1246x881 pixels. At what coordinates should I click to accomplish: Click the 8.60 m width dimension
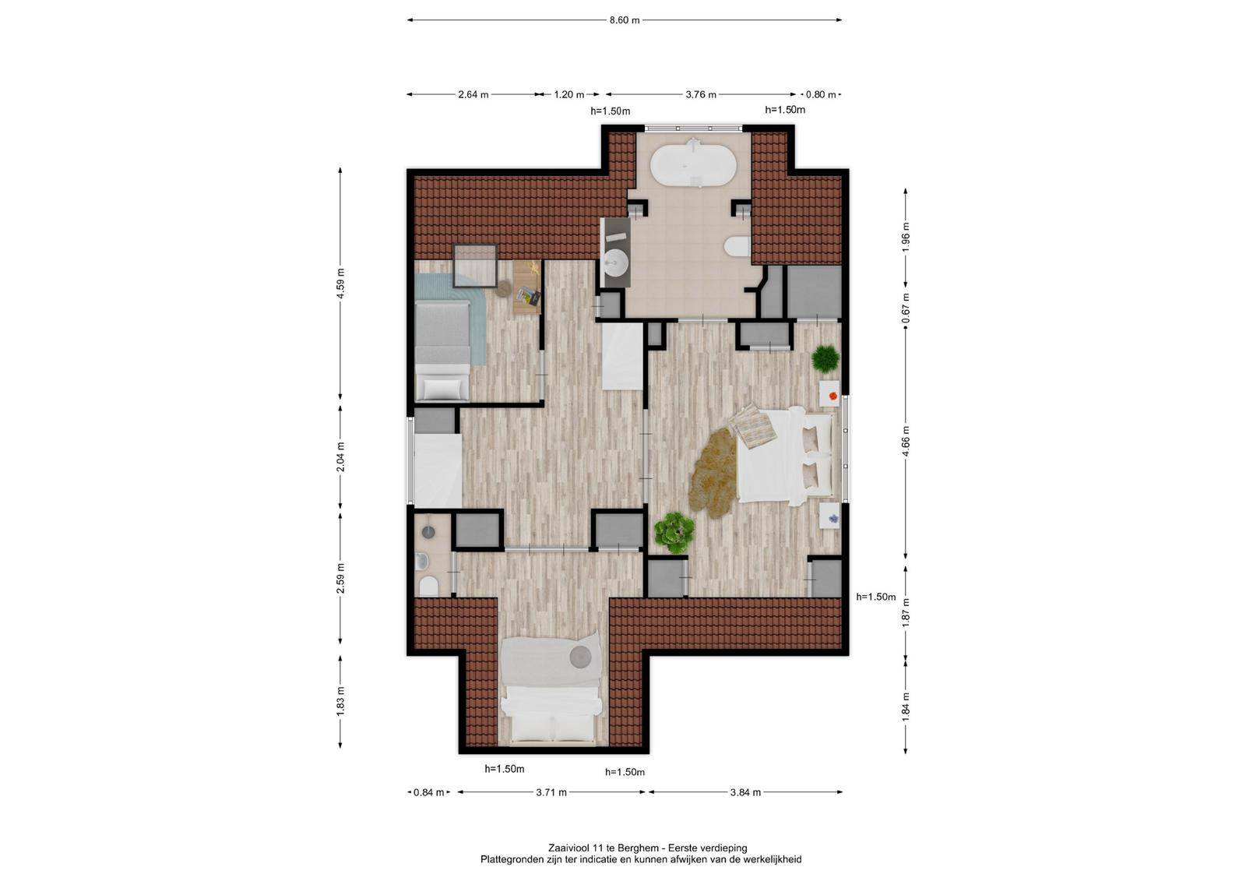click(x=625, y=20)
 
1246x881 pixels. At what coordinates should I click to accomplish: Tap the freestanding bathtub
click(x=693, y=163)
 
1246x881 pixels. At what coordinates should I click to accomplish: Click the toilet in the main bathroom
click(x=738, y=247)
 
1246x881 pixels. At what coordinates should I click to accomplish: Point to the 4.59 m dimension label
click(x=340, y=284)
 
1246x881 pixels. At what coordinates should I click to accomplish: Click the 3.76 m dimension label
click(x=700, y=94)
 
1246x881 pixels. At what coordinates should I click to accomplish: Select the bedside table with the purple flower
click(x=829, y=516)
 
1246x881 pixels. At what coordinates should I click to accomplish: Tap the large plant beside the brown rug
click(x=674, y=533)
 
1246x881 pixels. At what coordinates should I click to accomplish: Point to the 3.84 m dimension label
click(x=745, y=792)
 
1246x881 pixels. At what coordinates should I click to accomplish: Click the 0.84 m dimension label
click(x=428, y=792)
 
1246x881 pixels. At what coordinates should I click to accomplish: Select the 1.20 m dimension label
click(x=569, y=94)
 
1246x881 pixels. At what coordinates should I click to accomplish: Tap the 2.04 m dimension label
click(x=340, y=457)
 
